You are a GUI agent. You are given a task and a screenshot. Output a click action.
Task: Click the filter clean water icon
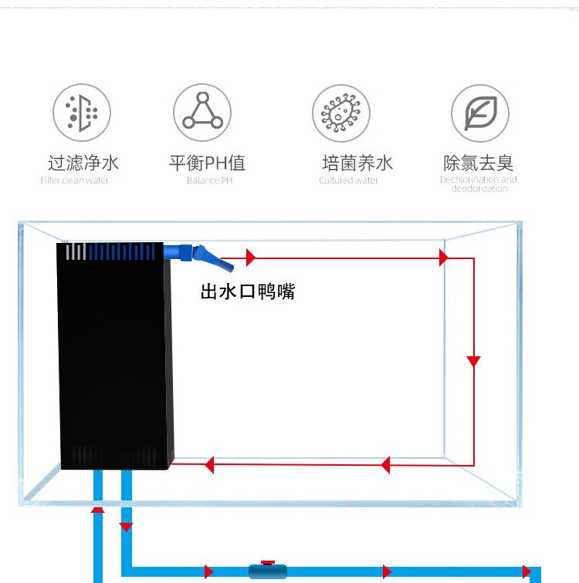coord(82,113)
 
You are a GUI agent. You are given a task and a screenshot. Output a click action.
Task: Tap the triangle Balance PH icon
coord(201,113)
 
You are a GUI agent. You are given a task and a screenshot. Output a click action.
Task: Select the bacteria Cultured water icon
coord(341,113)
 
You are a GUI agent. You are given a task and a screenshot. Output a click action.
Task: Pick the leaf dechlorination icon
coord(480,113)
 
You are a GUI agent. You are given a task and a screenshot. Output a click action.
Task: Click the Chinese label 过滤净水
coord(83,163)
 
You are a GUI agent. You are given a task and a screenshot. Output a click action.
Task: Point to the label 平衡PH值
coord(207,163)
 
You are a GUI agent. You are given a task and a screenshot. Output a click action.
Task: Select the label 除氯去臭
coord(479,163)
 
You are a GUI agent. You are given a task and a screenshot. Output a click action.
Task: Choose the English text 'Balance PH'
coord(209,180)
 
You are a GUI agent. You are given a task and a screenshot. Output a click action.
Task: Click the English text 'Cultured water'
coord(349,180)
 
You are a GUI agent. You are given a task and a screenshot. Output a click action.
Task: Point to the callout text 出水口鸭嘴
coord(248,292)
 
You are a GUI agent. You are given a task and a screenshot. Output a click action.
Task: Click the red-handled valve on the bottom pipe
coord(267,570)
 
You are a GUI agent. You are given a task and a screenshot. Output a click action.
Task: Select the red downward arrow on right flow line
coord(474,361)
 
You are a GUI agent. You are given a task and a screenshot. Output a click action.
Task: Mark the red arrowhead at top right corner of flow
coord(444,258)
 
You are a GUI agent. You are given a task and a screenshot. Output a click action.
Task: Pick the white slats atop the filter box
coord(75,251)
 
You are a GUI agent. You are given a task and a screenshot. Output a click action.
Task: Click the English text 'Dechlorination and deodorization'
coord(479,184)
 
